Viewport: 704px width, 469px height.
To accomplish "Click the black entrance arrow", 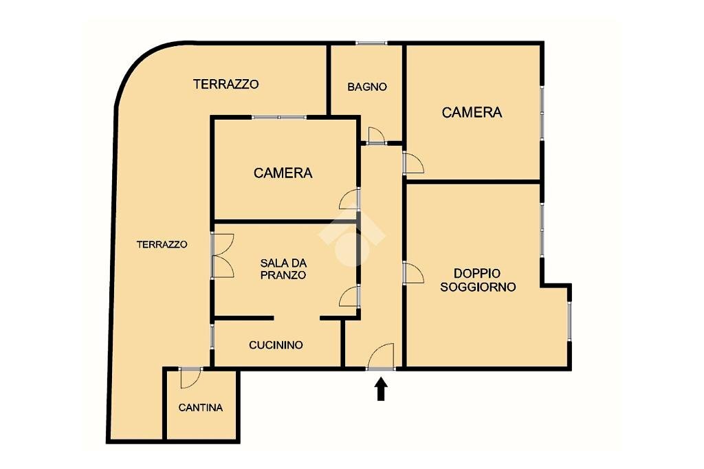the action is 381,389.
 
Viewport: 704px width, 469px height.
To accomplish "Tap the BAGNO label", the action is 367,87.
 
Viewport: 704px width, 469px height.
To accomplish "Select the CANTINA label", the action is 201,408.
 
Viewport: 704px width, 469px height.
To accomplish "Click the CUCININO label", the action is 276,345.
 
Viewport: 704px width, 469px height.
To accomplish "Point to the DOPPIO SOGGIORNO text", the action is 478,280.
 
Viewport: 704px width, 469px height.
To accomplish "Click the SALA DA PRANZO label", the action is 283,269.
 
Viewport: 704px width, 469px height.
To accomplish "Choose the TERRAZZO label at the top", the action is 225,84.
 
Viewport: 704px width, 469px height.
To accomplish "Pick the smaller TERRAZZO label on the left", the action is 162,244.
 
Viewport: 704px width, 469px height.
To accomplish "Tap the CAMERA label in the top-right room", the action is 472,112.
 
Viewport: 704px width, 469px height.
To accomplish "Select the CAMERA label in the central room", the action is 283,173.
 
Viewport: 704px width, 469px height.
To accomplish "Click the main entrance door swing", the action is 381,357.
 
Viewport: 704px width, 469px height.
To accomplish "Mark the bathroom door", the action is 376,135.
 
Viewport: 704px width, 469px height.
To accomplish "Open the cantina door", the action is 190,378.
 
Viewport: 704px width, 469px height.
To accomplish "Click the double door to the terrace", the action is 223,256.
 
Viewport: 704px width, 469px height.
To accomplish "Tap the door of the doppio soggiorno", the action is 413,273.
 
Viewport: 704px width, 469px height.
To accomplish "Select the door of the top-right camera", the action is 413,162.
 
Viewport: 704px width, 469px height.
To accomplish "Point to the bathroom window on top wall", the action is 371,43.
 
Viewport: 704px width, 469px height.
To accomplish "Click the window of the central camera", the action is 279,117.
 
